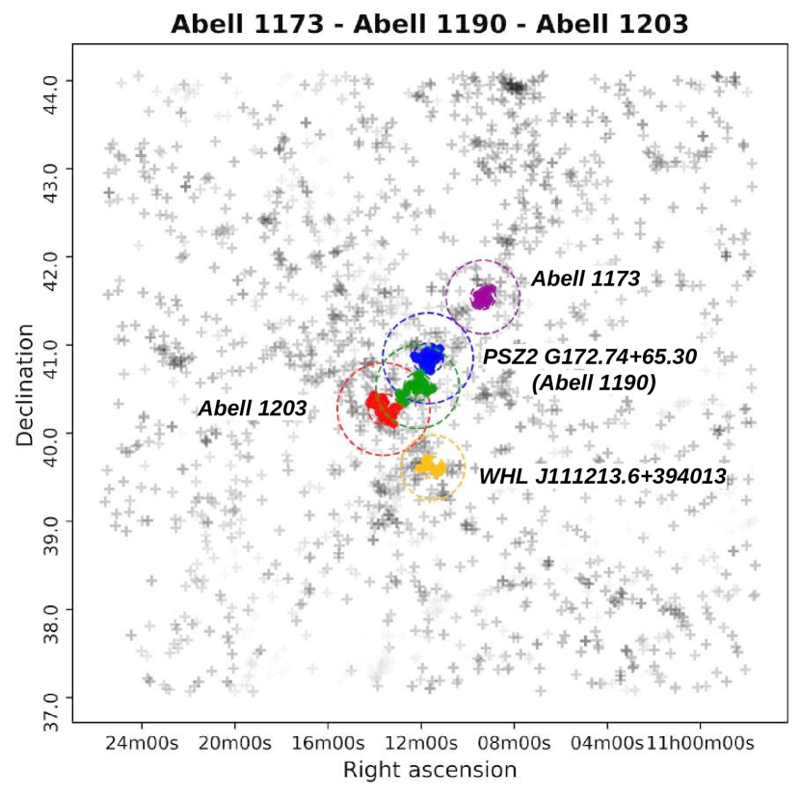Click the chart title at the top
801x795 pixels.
[429, 24]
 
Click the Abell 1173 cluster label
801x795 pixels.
[585, 278]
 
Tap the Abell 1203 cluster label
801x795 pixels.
[253, 409]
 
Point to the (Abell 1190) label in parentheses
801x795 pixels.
[594, 383]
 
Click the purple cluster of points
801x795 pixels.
[483, 296]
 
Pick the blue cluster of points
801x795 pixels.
[428, 358]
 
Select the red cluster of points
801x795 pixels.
[383, 407]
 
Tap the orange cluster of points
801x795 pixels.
[430, 466]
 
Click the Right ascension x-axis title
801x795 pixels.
[430, 770]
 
